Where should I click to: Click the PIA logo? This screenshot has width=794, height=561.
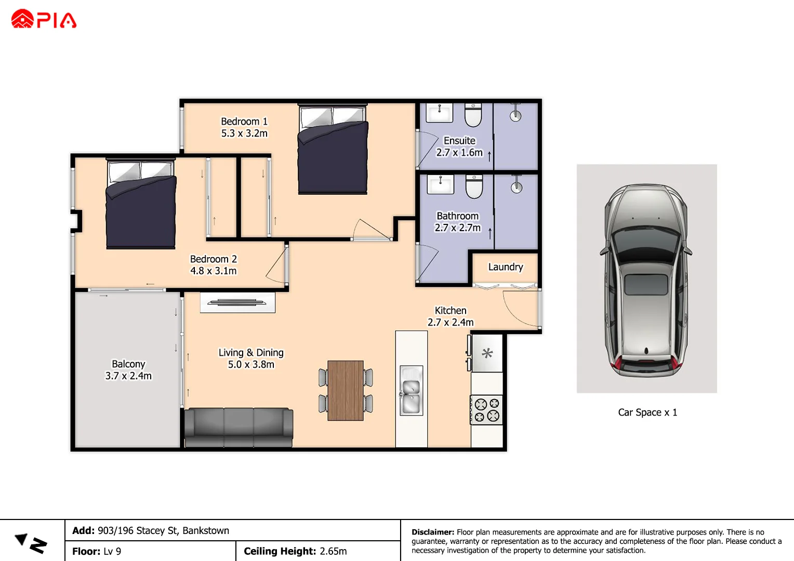pos(44,19)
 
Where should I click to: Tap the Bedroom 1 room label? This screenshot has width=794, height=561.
pos(244,121)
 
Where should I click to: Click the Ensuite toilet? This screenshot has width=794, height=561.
pos(473,115)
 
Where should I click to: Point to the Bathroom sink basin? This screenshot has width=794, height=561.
pos(440,183)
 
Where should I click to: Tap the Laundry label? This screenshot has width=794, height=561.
pos(505,267)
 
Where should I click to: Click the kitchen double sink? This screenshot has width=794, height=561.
pos(411,390)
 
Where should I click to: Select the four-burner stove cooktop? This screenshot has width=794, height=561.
pos(487,410)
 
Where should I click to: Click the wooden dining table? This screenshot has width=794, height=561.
pos(346,390)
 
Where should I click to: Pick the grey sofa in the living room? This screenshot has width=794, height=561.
pos(239,427)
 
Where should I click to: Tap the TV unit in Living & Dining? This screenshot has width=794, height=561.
pos(237,302)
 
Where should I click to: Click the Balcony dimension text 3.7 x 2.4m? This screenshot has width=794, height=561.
pos(128,376)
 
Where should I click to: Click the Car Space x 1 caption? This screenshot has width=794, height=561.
pos(647,412)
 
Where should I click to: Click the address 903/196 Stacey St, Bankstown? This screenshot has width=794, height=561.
pos(163,530)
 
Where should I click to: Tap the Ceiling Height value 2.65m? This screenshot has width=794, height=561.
pos(333,551)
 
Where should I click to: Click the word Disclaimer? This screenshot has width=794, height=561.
pos(432,532)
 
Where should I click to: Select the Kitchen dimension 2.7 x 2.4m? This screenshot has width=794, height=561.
pos(451,322)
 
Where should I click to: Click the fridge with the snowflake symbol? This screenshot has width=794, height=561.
pos(487,354)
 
